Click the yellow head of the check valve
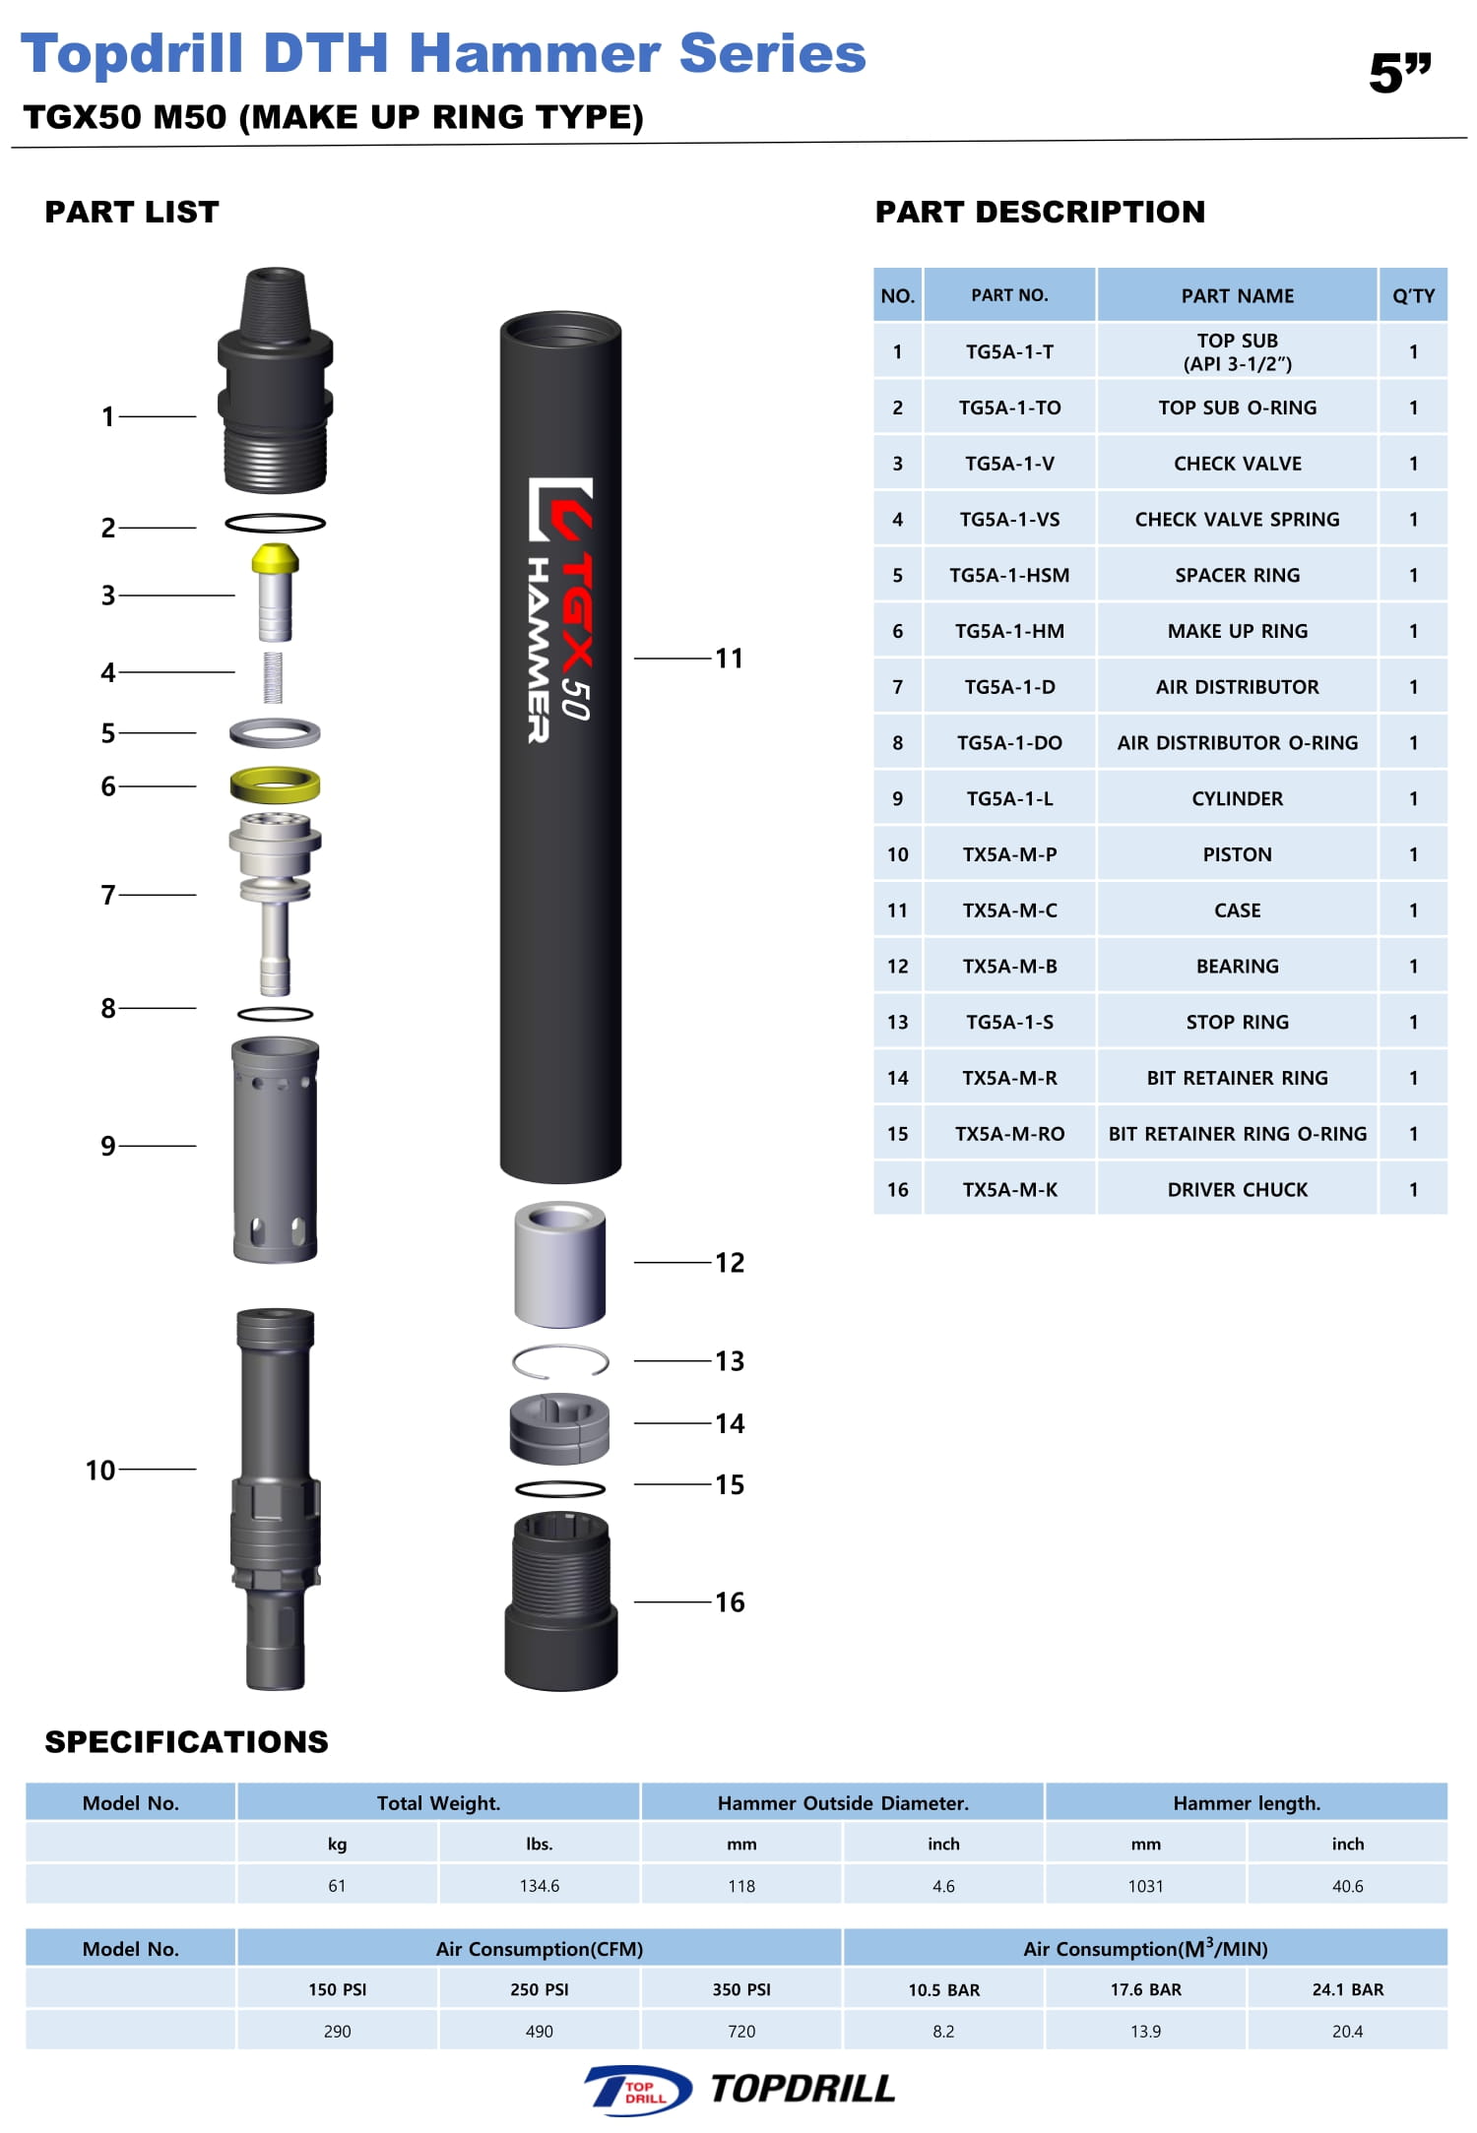pos(275,559)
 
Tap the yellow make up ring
pos(275,784)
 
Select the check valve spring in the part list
pos(273,677)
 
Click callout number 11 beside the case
pos(729,659)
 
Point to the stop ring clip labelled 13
pos(559,1361)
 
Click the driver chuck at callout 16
pos(560,1601)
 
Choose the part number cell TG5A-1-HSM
pos(1009,575)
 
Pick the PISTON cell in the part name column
pos(1237,854)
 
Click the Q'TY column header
pos(1413,295)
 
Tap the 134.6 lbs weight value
pos(539,1886)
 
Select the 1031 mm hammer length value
pos(1145,1886)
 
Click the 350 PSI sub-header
pos(741,1989)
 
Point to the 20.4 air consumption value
pos(1347,2031)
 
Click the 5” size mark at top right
pos(1399,74)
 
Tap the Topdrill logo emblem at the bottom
pos(638,2089)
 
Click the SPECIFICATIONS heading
pos(186,1741)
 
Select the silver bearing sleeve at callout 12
pos(559,1263)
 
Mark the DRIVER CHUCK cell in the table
pos(1237,1189)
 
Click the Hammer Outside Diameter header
pos(843,1802)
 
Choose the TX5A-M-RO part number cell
pos(1009,1133)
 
